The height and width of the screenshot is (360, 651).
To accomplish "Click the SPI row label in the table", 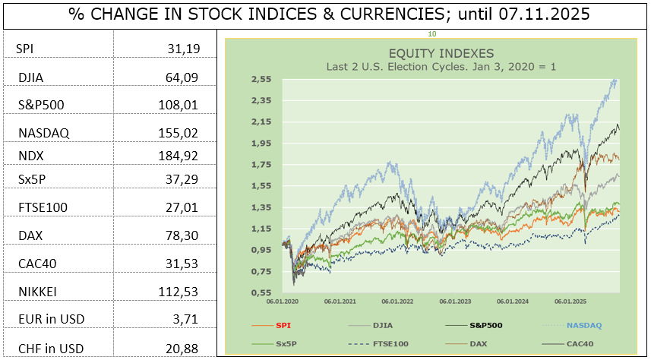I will tap(24, 49).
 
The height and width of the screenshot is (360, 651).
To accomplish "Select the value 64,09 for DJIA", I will tap(182, 77).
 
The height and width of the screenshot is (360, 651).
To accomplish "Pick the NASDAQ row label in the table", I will tap(43, 133).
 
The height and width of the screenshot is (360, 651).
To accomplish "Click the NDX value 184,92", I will tap(178, 156).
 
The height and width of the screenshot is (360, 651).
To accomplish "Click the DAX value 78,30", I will tap(182, 235).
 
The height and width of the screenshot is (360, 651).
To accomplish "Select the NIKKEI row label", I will tap(38, 291).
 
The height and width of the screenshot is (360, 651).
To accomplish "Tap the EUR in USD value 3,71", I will tap(185, 319).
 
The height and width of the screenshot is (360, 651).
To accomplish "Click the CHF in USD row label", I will tap(51, 349).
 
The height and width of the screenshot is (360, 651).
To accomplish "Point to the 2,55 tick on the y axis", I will tap(262, 79).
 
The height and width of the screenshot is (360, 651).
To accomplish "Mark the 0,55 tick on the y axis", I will tap(262, 292).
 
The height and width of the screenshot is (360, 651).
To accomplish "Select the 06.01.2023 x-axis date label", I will tap(455, 301).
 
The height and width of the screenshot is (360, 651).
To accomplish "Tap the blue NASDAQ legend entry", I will tap(583, 325).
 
